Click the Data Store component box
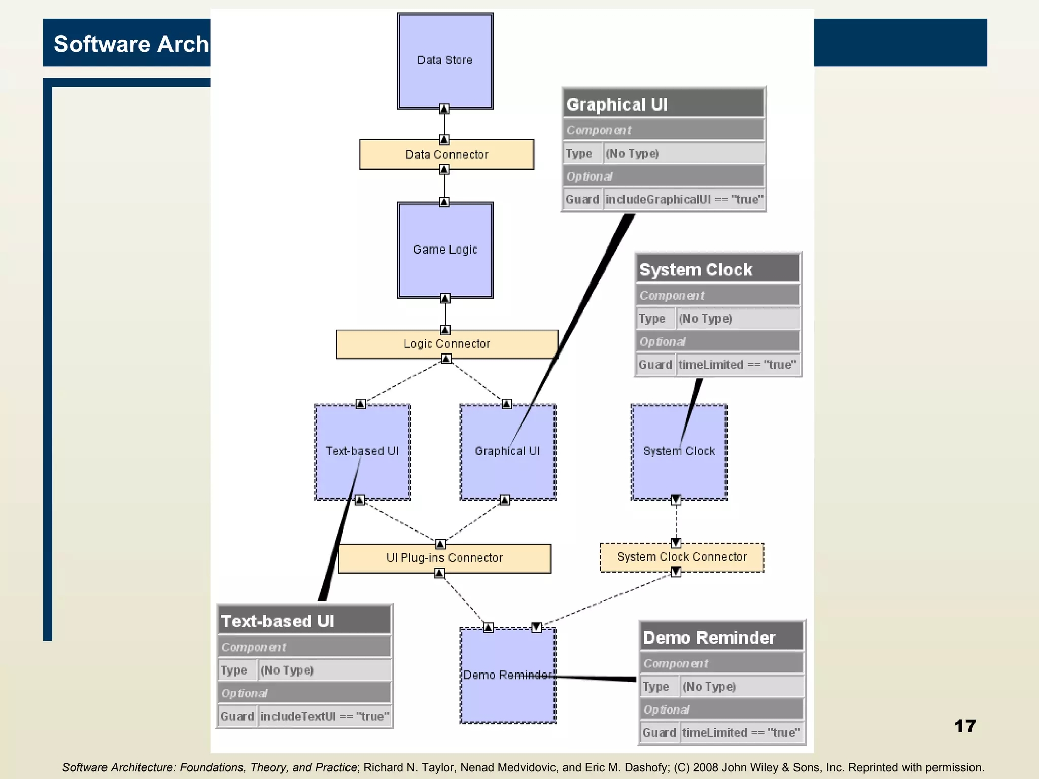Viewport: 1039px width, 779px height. (445, 61)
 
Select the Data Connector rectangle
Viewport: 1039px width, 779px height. (446, 155)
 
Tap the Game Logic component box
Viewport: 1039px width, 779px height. (445, 250)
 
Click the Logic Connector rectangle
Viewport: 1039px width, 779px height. (446, 344)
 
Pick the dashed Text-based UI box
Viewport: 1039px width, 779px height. (362, 451)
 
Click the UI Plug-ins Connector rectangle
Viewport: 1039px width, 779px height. (444, 558)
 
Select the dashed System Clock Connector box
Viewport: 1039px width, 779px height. (681, 557)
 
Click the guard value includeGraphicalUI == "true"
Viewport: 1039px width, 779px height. (684, 199)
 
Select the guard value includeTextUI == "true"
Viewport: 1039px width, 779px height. (325, 716)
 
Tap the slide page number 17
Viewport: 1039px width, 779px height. (964, 726)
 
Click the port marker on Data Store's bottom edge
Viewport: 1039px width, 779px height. (444, 109)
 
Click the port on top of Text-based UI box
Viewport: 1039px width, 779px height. (360, 404)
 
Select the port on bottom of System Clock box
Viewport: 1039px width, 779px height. (676, 500)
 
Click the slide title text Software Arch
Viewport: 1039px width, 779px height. (131, 44)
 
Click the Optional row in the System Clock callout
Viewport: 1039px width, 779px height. (717, 341)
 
